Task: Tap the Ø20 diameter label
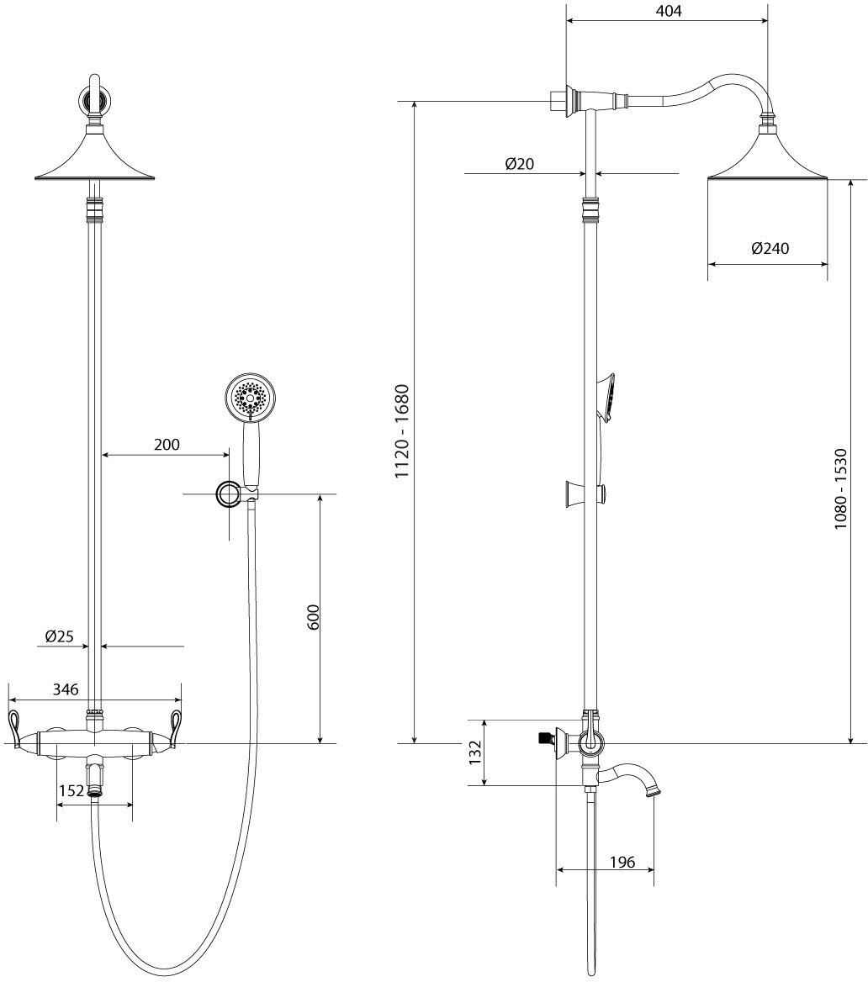tap(520, 165)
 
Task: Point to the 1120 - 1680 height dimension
tap(403, 431)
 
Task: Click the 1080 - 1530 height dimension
tap(840, 488)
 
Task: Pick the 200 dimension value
tap(167, 445)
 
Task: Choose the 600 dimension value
tap(312, 620)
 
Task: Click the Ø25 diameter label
tap(66, 636)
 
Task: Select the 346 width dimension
tap(66, 689)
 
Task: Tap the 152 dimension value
tap(72, 790)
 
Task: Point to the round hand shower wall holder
tap(228, 494)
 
